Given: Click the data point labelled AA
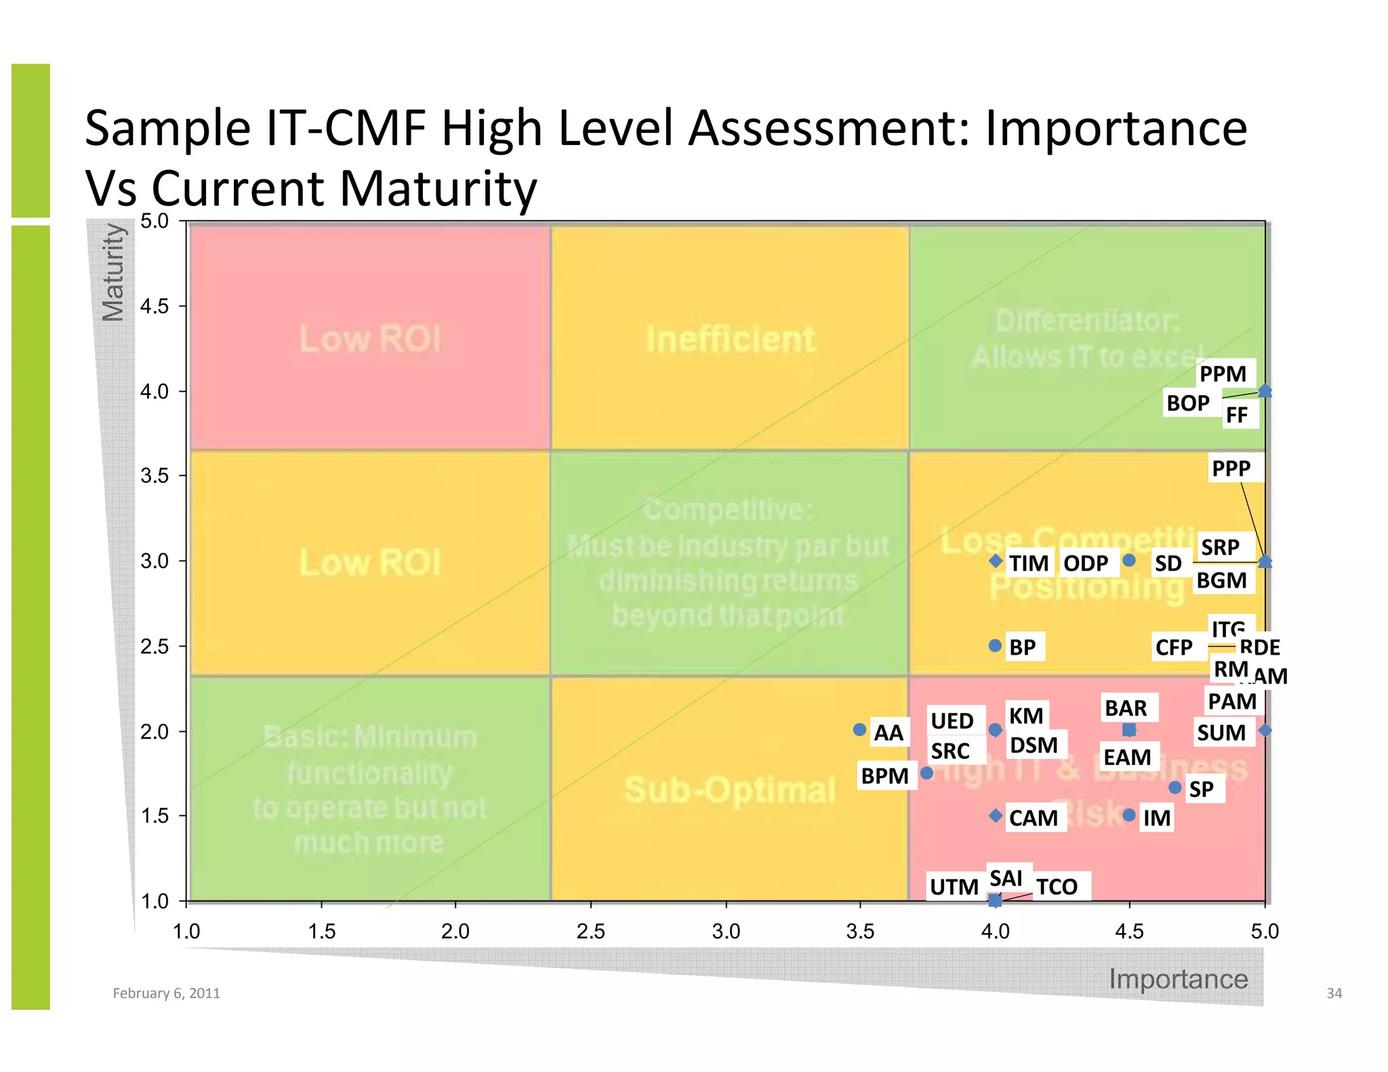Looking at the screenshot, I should coord(859,730).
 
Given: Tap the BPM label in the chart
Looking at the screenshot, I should coord(884,776).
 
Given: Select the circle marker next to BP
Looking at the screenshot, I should coord(995,646).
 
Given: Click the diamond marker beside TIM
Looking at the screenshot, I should coord(996,561).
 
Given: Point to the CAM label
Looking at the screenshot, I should coord(1033,818).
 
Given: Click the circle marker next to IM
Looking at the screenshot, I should coord(1129,815).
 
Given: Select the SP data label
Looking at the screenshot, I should coord(1202,789).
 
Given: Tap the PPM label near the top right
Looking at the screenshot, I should coord(1223,374).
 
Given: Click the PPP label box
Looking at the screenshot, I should coord(1231,468).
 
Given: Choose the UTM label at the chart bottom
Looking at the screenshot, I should coord(954,887).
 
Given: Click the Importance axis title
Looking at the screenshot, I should coord(1178,979).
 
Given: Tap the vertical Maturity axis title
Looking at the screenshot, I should coord(113,272).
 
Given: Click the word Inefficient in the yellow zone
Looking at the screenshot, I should coord(730,339).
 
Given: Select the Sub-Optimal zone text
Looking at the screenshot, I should coord(729,790).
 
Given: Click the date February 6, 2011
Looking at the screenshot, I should coord(166,993).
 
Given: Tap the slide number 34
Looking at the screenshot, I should coord(1334,993).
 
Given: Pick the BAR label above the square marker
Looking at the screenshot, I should coord(1126,708).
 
